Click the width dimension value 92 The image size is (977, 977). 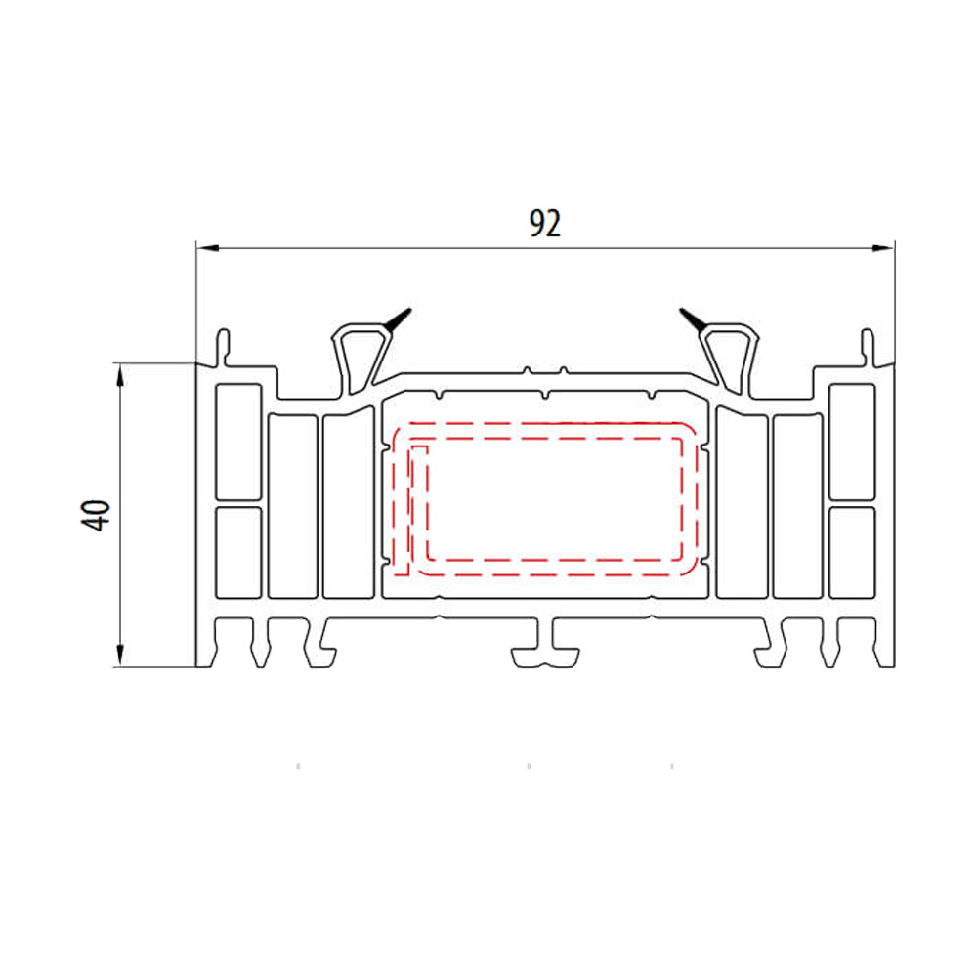pyautogui.click(x=545, y=224)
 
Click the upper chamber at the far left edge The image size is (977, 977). pyautogui.click(x=237, y=441)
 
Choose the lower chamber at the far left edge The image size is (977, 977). pyautogui.click(x=237, y=551)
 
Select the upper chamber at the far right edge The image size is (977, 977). pyautogui.click(x=851, y=441)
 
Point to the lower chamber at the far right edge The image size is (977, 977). pyautogui.click(x=851, y=551)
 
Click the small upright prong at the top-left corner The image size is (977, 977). pyautogui.click(x=225, y=345)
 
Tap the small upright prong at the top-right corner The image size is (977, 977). pyautogui.click(x=866, y=345)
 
